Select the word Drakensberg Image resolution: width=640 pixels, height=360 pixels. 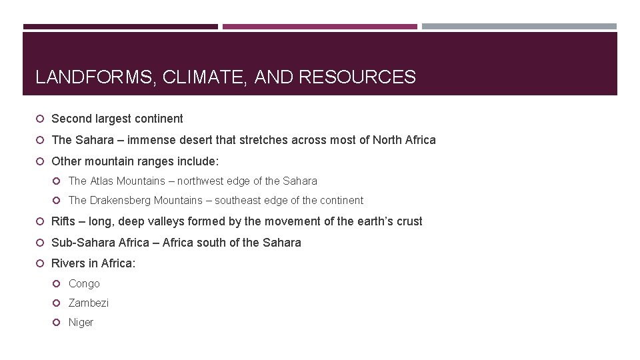point(119,200)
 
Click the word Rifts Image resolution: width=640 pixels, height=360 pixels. point(63,221)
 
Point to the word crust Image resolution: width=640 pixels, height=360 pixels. point(408,221)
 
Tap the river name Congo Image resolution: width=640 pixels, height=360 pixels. point(84,283)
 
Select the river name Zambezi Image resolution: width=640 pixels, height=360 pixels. point(89,303)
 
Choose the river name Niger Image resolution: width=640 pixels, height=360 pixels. point(81,322)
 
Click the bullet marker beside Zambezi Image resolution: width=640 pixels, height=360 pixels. point(57,303)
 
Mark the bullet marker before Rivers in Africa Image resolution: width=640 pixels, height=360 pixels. point(40,263)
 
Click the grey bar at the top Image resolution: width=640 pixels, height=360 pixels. point(519,27)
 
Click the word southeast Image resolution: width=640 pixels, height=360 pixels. point(251,200)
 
